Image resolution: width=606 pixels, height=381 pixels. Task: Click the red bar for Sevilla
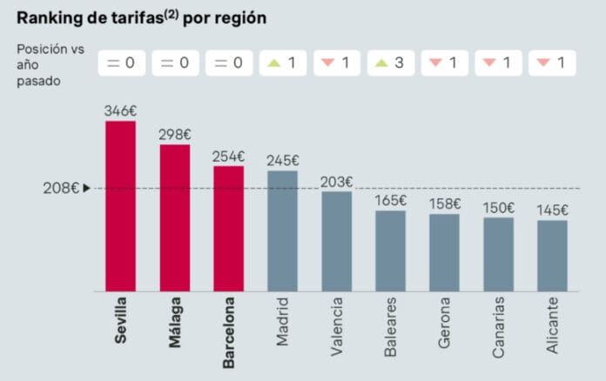(x=120, y=206)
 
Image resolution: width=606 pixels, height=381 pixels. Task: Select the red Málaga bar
(x=174, y=217)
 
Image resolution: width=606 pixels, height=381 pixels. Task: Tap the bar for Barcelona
(x=228, y=228)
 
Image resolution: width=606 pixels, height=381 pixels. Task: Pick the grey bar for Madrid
(x=282, y=231)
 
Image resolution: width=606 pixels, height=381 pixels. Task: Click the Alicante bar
(x=552, y=256)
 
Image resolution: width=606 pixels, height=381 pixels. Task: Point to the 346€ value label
(x=120, y=110)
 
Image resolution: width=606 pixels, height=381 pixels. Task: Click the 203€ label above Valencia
(x=336, y=182)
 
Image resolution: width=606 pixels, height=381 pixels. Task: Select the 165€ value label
(x=390, y=200)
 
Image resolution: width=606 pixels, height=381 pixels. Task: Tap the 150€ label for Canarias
(x=498, y=208)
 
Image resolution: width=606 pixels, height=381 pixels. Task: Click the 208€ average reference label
(x=62, y=188)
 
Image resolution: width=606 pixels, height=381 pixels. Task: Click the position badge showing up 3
(x=390, y=63)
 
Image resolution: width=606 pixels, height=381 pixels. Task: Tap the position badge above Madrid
(x=282, y=63)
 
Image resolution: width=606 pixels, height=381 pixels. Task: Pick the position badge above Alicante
(x=552, y=63)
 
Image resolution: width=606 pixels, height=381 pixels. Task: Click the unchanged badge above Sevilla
(x=120, y=63)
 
